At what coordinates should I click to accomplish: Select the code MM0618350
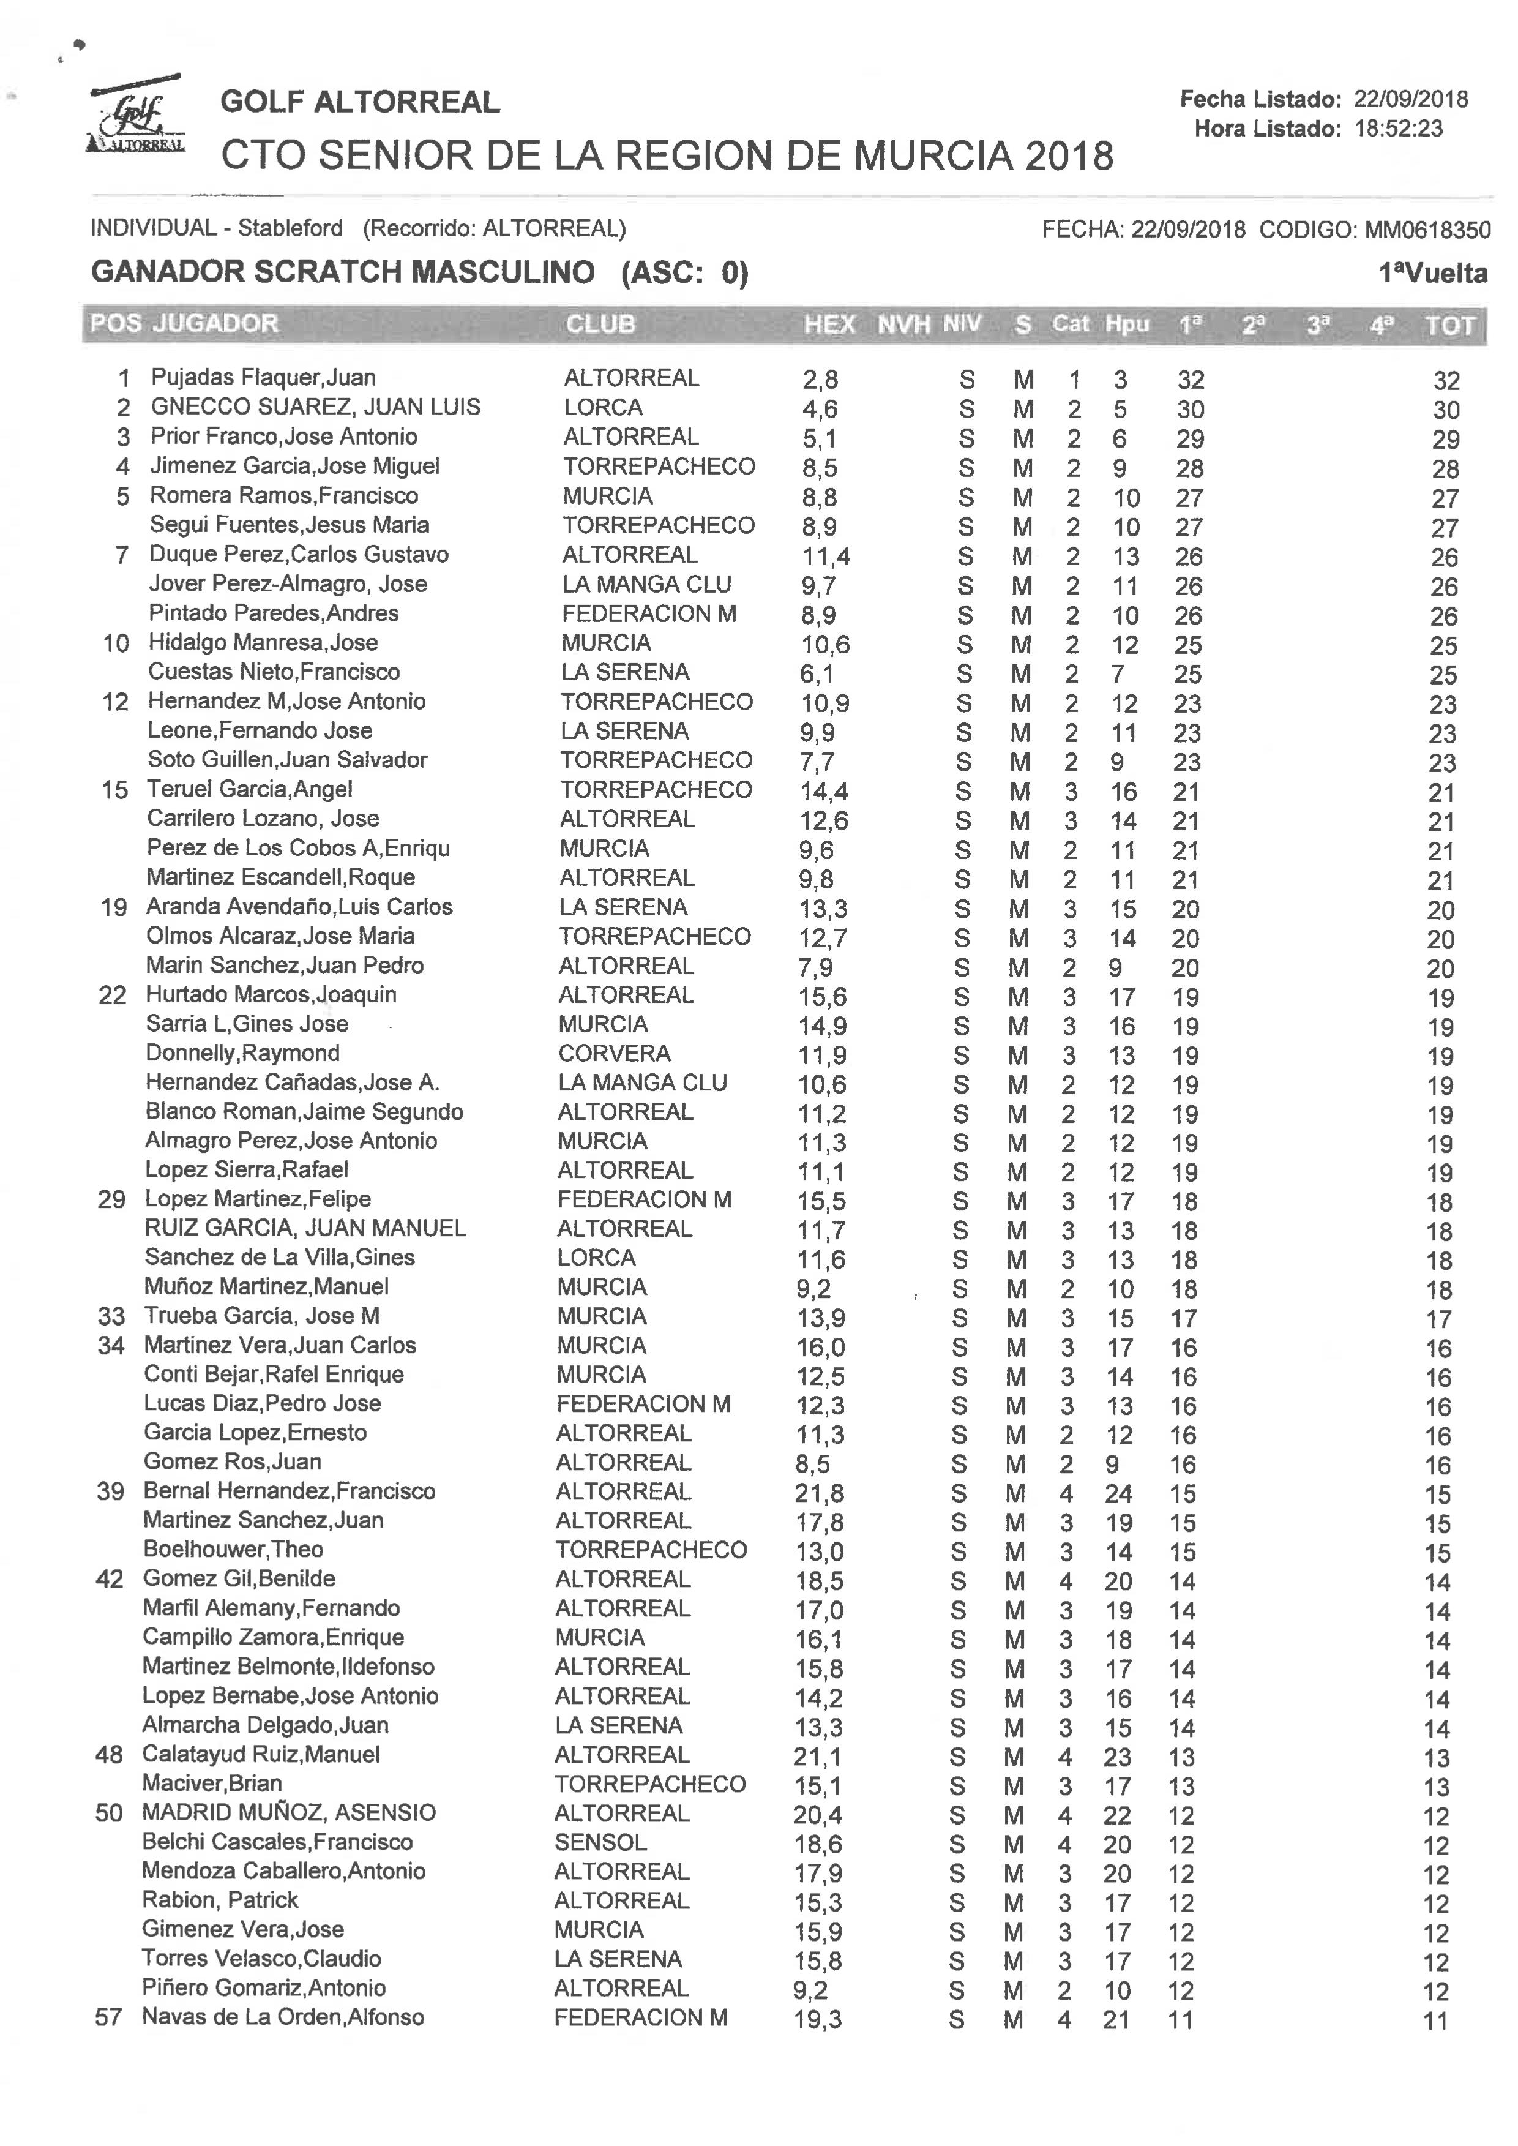pos(1427,229)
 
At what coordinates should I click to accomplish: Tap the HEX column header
pos(829,325)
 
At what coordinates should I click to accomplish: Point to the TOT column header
pos(1449,325)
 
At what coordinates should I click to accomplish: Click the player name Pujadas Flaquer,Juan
pos(263,378)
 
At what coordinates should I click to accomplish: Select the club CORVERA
pos(614,1053)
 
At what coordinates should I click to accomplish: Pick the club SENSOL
pos(600,1842)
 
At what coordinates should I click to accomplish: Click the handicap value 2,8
pos(820,380)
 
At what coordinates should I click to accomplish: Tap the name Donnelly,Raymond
pos(242,1053)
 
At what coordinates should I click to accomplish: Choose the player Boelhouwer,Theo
pos(233,1550)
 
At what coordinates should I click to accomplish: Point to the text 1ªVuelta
pos(1433,273)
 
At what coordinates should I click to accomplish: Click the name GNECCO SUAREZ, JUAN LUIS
pos(315,407)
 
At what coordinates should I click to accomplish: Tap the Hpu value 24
pos(1118,1493)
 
